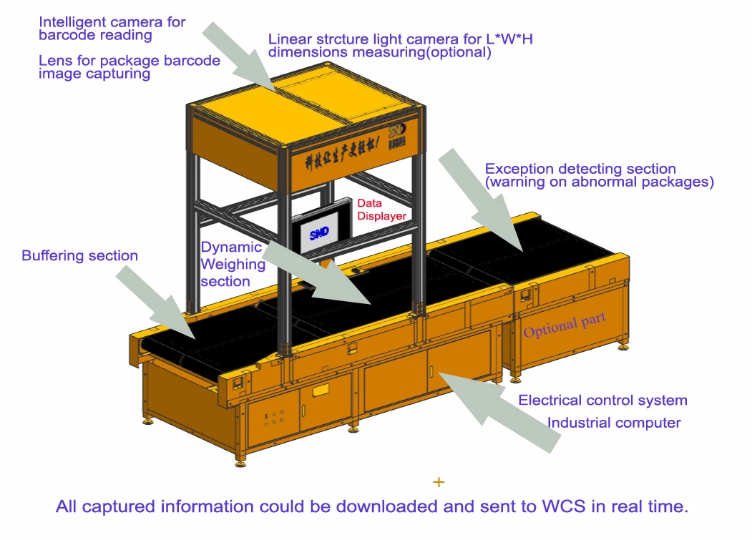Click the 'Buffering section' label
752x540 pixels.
pyautogui.click(x=79, y=256)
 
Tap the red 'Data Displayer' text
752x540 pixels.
pyautogui.click(x=381, y=210)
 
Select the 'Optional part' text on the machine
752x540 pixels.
pyautogui.click(x=565, y=325)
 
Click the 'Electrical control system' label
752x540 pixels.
pyautogui.click(x=602, y=401)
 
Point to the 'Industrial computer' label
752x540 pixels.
pyautogui.click(x=614, y=423)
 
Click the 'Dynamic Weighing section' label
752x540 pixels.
pyautogui.click(x=232, y=264)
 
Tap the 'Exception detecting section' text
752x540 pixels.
pyautogui.click(x=580, y=170)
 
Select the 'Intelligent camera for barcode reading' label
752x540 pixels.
pyautogui.click(x=112, y=28)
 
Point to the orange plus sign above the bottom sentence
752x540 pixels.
pyautogui.click(x=439, y=482)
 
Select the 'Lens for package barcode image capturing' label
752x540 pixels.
pyautogui.click(x=130, y=67)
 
